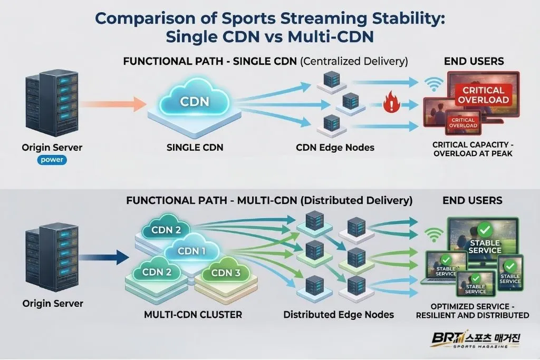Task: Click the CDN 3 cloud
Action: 225,273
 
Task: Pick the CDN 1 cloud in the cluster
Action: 191,251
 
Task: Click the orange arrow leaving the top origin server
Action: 114,104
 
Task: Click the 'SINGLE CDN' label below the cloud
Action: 195,148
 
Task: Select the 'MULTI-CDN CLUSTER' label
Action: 193,315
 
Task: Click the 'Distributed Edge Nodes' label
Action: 339,315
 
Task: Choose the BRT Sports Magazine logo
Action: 474,339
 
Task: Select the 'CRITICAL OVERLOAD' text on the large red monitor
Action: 483,95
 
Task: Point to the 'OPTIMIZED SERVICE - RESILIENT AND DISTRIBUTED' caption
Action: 472,311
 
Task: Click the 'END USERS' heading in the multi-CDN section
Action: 472,200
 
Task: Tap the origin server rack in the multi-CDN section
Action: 52,257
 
